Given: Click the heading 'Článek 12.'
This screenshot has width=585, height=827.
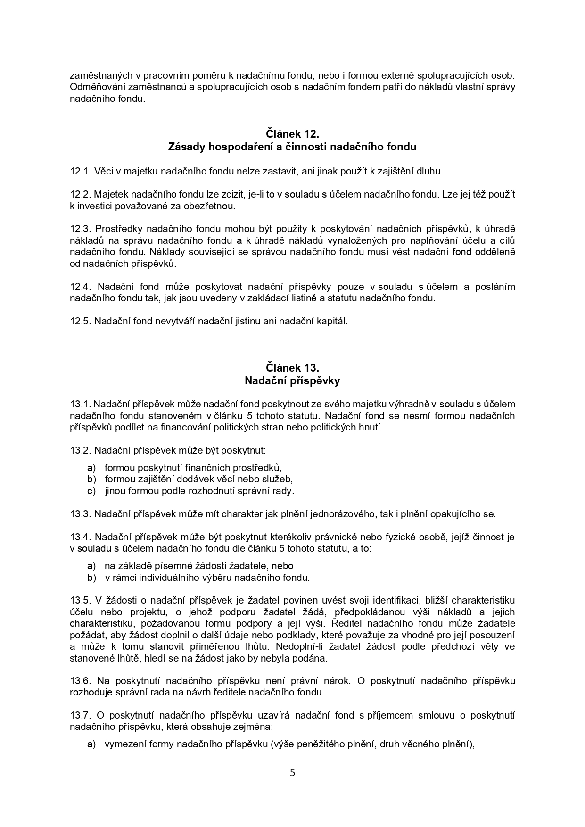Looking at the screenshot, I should pos(292,134).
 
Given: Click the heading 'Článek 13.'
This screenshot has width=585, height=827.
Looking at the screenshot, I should pos(292,367).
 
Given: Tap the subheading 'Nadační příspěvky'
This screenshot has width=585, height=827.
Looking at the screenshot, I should pos(292,380).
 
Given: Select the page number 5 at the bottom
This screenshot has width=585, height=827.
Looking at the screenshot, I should pos(292,772).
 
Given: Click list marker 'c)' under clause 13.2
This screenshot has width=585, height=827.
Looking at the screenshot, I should pos(91,491).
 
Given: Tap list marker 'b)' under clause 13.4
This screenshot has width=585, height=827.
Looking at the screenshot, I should pos(91,577).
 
